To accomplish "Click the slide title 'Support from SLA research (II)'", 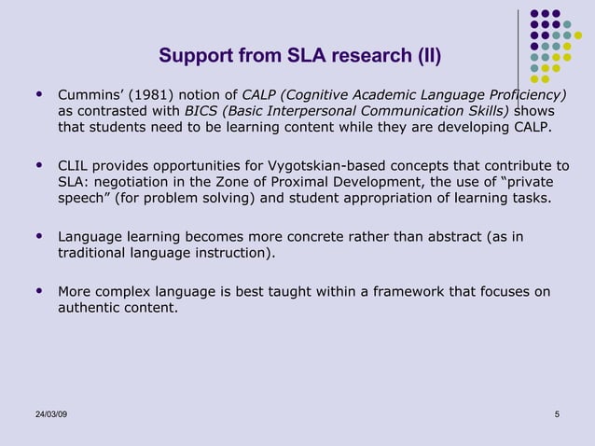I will coord(299,57).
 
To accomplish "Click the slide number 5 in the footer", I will coord(556,414).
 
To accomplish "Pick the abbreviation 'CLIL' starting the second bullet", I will coord(74,166).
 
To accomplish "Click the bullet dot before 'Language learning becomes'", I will coord(38,237).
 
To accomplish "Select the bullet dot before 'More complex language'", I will coord(38,292).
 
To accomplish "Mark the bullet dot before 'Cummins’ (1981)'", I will coord(38,95).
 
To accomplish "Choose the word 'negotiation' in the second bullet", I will coord(128,183).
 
